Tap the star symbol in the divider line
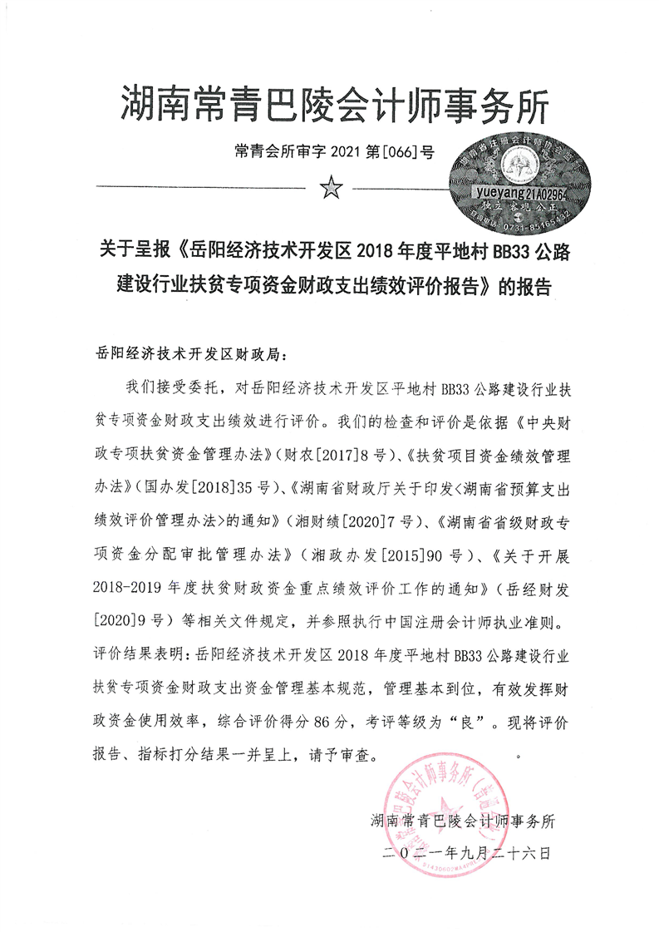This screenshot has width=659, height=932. [x=331, y=190]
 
